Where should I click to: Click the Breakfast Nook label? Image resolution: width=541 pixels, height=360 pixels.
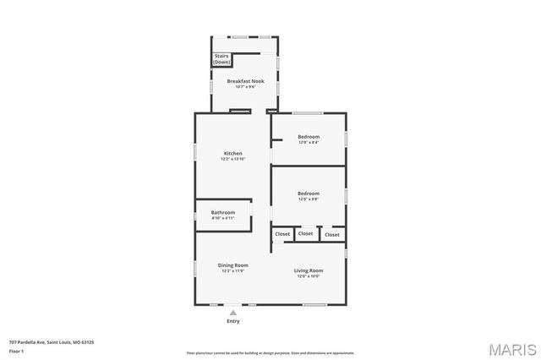[245, 81]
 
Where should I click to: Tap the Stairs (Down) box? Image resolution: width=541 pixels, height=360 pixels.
[221, 59]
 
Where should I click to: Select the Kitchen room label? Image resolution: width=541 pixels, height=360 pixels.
[232, 153]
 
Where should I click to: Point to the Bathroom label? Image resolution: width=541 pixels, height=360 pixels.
[223, 212]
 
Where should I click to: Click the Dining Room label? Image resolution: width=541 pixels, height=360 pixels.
[232, 265]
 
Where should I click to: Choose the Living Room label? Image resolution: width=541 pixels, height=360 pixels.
[309, 270]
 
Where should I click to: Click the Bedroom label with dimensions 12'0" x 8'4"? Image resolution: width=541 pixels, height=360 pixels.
[309, 136]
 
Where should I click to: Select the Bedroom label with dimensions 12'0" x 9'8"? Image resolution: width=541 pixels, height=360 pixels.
[309, 194]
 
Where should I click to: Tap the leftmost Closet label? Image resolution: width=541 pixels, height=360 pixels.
[282, 234]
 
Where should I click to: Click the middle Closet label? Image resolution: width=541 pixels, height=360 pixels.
[305, 233]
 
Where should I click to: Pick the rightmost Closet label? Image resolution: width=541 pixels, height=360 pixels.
[332, 234]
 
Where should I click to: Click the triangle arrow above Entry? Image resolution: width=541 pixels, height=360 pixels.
[233, 313]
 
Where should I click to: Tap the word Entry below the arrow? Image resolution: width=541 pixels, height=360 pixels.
[233, 321]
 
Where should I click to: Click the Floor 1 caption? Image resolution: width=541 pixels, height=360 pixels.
[16, 350]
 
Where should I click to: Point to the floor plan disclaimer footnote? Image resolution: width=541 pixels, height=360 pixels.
[270, 353]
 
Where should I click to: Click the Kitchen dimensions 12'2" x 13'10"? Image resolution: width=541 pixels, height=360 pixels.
[232, 159]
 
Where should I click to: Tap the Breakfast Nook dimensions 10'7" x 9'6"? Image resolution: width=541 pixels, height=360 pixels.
[245, 87]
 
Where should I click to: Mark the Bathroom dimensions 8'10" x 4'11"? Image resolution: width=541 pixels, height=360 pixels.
[223, 218]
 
